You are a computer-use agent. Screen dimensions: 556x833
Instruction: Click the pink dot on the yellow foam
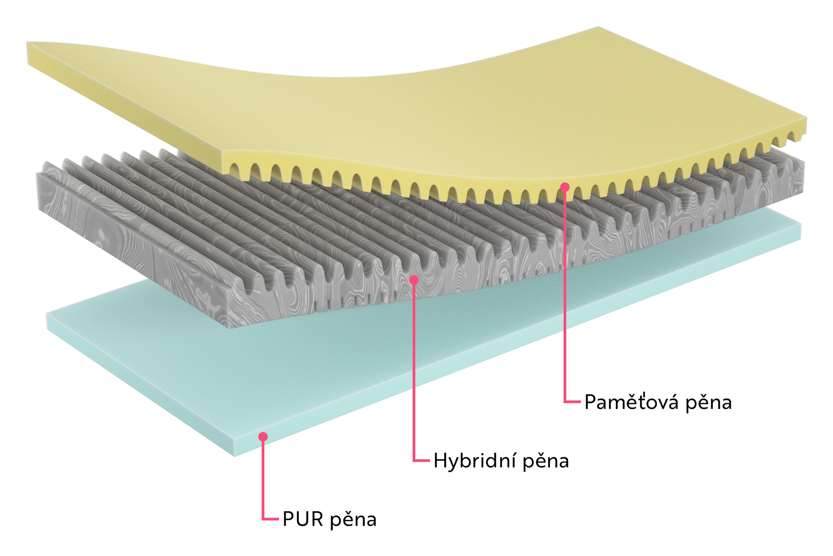pos(564,187)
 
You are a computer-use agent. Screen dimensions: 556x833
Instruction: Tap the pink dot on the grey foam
pos(414,280)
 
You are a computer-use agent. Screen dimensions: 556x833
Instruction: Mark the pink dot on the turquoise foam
pos(263,436)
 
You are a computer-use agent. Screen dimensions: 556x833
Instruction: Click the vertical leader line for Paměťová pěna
pos(564,294)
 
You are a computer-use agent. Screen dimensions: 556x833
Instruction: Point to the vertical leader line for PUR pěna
pos(263,478)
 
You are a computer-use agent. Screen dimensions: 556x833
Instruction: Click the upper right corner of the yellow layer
pos(599,27)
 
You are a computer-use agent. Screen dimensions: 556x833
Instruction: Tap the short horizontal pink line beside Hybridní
pos(421,461)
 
